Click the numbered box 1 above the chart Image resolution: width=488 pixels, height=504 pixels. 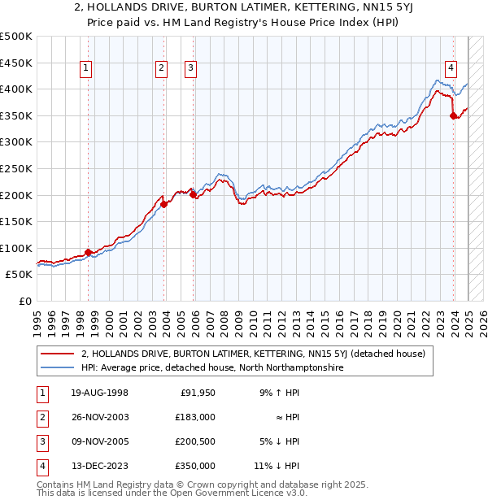85,68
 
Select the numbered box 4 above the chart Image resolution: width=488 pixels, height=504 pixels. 451,68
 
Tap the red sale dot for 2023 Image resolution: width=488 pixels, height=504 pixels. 453,116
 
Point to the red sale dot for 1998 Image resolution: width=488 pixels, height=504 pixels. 88,253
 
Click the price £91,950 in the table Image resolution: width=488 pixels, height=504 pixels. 194,393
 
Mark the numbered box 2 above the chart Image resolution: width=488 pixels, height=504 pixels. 162,68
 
